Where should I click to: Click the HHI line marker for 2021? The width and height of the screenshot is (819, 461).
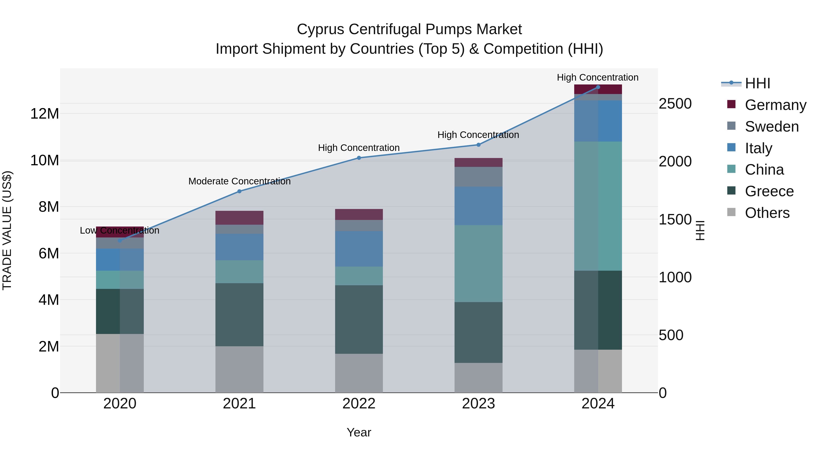coord(239,191)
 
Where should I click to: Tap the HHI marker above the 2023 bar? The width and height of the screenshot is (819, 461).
coord(478,145)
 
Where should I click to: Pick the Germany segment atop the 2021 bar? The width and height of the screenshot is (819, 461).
coord(239,218)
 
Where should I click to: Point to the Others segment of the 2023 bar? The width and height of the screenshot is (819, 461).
coord(478,378)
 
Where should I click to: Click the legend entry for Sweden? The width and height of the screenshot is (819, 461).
coord(772,127)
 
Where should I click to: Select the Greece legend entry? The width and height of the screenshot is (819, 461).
coord(769,191)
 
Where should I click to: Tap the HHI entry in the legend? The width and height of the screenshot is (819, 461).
coord(757,83)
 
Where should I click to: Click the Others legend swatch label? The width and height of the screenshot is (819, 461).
coord(767,213)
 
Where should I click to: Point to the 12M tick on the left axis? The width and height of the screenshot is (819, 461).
coord(45,114)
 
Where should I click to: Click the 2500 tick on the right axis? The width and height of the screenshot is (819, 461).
coord(675,104)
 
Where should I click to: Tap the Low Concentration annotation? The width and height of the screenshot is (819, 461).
coord(119,230)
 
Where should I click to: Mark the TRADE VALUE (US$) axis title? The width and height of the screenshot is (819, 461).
coord(7,230)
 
